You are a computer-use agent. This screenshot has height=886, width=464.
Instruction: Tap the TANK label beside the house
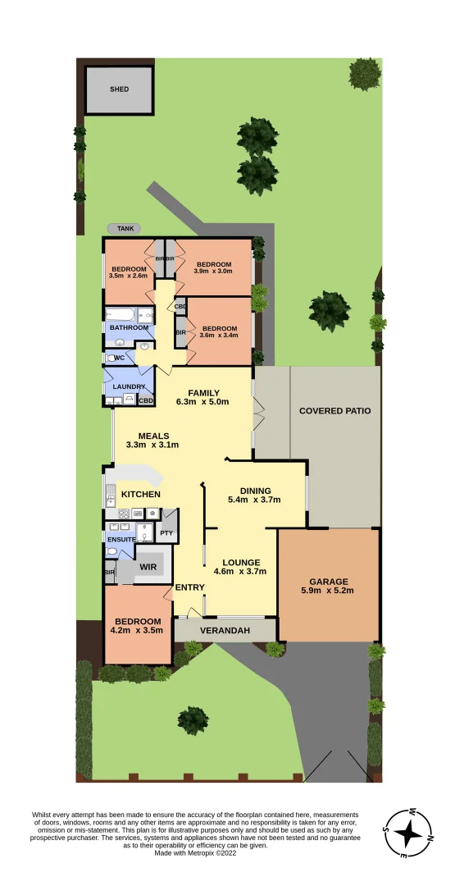[124, 228]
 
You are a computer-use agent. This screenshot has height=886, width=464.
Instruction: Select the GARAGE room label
[328, 581]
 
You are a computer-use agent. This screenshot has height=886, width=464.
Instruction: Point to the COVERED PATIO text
[334, 410]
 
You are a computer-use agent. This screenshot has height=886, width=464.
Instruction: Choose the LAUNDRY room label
[129, 386]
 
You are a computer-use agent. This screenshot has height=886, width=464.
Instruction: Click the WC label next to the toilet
[119, 358]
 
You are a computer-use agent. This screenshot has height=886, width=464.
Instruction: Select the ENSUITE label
[120, 539]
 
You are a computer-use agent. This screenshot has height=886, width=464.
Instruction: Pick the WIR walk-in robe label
[148, 567]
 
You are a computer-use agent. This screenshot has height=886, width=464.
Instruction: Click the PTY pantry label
[167, 532]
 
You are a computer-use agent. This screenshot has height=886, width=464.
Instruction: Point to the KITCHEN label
[141, 494]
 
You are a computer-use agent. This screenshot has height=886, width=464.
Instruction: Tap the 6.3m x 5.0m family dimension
[202, 402]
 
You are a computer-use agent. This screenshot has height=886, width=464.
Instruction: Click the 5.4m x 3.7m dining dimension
[254, 500]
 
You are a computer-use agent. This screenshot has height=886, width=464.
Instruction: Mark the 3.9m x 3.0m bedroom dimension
[213, 272]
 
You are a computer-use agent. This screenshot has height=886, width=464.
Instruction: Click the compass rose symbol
[409, 834]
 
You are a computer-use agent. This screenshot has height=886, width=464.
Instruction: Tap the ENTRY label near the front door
[190, 587]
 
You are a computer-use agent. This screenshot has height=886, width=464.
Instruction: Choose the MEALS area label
[153, 436]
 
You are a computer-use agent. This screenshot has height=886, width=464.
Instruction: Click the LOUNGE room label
[240, 562]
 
